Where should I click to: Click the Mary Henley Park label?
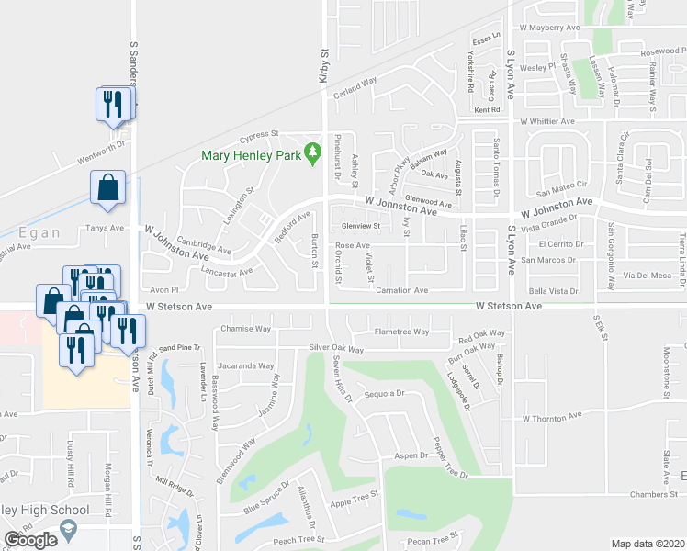coord(252,155)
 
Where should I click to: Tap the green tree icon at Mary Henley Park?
coord(313,150)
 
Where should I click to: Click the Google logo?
coord(31,540)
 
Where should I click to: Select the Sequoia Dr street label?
coord(385,393)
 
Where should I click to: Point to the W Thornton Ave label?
coord(552,416)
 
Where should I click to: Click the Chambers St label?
coord(653,494)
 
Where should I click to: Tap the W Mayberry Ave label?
coord(550,28)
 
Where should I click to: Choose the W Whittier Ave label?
coord(546,121)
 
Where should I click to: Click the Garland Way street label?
coord(355,82)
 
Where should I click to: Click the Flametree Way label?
coord(401,332)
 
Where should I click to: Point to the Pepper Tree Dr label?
coord(440,456)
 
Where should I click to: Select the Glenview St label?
coord(361,226)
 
